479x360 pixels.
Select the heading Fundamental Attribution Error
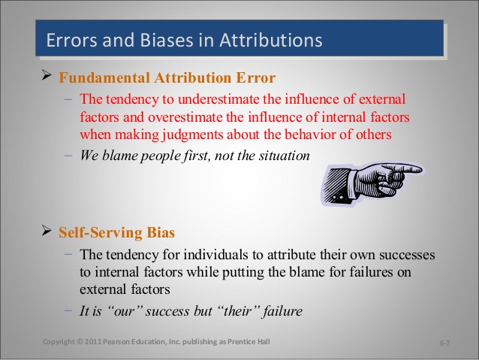[x=167, y=78]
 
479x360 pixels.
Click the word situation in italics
[x=282, y=156]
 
